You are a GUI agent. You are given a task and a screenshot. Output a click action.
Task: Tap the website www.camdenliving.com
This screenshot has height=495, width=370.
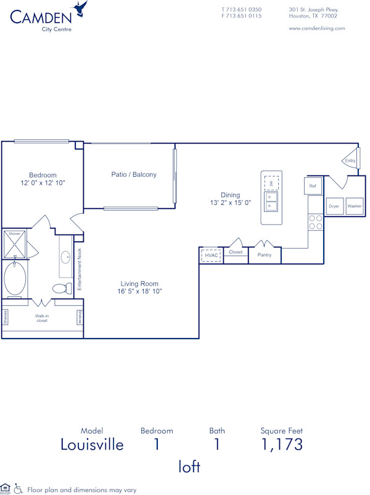[316, 28]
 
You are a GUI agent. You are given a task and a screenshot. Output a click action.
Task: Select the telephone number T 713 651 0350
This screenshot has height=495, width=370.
[241, 10]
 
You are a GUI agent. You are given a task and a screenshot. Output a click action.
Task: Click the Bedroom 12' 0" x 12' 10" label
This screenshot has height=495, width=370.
[43, 179]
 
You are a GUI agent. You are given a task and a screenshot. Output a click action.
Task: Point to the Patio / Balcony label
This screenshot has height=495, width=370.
[134, 174]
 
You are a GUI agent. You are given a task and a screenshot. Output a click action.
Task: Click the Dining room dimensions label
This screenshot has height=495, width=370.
[231, 198]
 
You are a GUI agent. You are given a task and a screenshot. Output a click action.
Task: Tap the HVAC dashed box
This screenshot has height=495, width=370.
[212, 255]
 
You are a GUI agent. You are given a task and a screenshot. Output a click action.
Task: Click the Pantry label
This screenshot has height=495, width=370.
[265, 255]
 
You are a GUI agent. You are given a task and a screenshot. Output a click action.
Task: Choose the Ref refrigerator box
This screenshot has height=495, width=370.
[313, 186]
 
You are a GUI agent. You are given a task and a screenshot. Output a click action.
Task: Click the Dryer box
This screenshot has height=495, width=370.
[334, 206]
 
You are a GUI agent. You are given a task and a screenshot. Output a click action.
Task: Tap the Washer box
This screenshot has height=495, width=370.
[355, 206]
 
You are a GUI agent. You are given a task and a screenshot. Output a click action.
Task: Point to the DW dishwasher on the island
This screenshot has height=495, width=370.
[271, 183]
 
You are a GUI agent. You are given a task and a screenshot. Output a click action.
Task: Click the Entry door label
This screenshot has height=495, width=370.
[350, 161]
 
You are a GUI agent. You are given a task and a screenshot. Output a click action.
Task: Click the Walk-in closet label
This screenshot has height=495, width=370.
[42, 317]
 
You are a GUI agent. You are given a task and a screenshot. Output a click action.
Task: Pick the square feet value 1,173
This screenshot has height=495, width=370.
[282, 445]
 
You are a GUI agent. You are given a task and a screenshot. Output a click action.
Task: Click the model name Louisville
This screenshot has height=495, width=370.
[92, 445]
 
